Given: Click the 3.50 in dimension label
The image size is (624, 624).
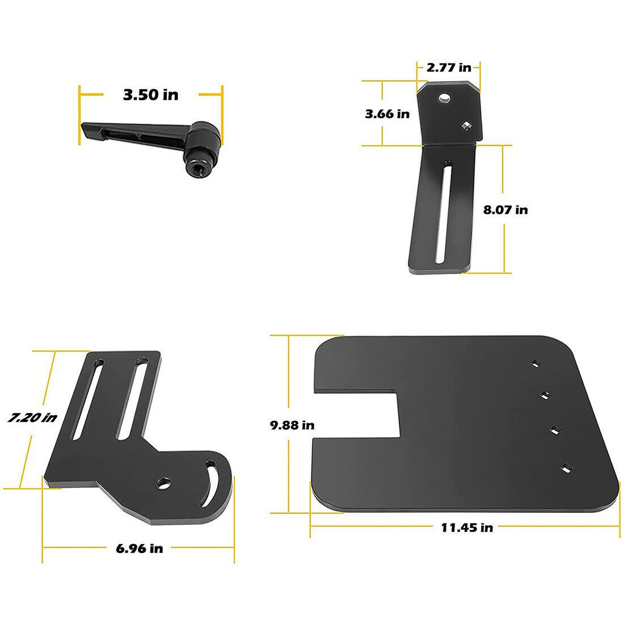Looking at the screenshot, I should tap(150, 94).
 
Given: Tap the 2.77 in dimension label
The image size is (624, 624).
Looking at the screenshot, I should tap(448, 68).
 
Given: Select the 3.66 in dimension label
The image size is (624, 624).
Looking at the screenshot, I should tap(387, 114).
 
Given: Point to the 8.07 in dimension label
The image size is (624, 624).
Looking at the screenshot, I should tap(505, 210).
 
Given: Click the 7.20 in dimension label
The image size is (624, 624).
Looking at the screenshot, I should tap(32, 418).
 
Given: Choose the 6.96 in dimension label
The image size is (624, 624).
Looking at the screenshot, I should tap(139, 549).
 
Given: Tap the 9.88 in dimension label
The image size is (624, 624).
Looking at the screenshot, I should tap(292, 424).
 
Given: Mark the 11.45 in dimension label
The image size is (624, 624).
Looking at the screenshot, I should tap(467, 528).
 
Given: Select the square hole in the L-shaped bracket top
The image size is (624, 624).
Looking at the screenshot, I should tap(466, 125).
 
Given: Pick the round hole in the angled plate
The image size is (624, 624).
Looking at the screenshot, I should tap(165, 483).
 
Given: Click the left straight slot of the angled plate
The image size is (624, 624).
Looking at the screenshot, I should tap(87, 400).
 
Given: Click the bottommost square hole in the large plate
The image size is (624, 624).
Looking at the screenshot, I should tap(566, 468).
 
